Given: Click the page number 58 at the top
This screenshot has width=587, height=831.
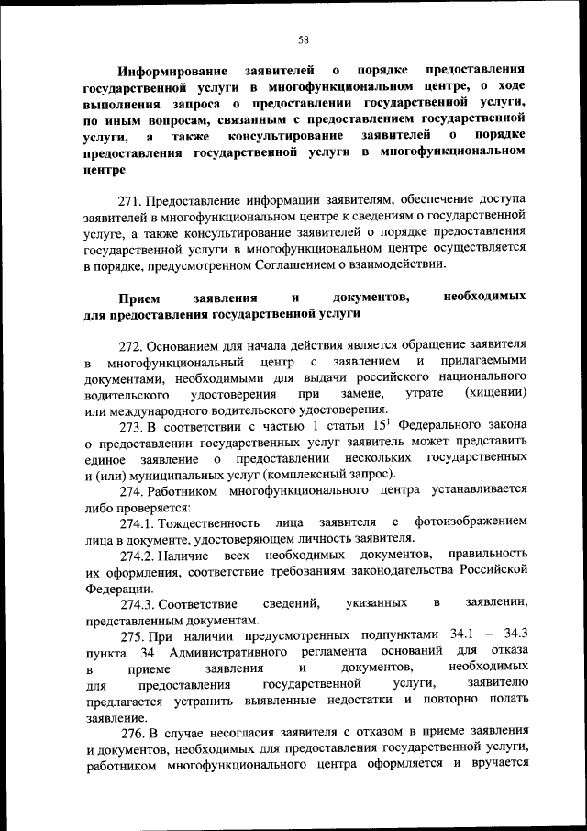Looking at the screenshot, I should (x=303, y=39).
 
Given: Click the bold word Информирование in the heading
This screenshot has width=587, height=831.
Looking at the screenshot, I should (x=171, y=69).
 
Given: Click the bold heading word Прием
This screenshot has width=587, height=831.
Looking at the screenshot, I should (x=138, y=298).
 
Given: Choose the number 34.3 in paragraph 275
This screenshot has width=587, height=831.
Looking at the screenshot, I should (x=512, y=636).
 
